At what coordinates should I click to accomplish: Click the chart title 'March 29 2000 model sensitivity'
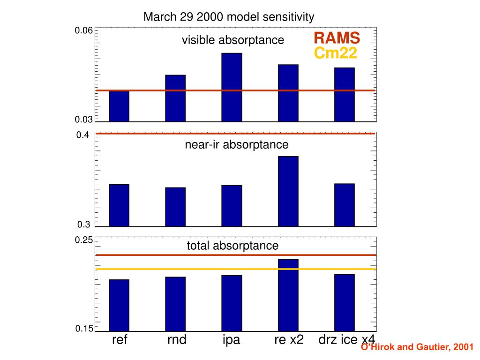[229, 17]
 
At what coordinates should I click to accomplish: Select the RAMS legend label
[337, 37]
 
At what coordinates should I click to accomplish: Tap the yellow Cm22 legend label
[335, 53]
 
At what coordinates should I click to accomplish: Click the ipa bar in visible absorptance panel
[232, 87]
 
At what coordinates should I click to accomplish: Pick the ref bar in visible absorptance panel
[119, 106]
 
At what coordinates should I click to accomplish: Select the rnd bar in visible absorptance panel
[175, 98]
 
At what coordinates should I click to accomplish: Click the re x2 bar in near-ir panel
[288, 191]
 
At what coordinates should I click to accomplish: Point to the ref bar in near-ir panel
[119, 205]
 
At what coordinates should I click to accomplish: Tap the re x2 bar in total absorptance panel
[288, 295]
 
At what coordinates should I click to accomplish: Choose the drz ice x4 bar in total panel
[344, 302]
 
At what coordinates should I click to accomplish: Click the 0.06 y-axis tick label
[83, 31]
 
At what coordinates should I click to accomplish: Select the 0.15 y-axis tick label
[84, 329]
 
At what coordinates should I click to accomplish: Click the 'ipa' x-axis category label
[232, 340]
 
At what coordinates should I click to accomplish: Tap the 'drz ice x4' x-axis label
[347, 340]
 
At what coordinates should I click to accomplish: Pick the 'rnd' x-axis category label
[177, 340]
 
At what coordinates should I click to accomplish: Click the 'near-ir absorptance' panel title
[237, 145]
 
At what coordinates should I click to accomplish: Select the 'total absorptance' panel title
[232, 246]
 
